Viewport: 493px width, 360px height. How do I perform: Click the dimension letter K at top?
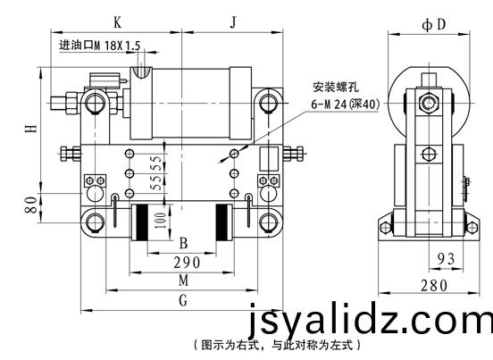click(x=117, y=22)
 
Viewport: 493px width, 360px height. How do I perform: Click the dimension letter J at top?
click(x=233, y=22)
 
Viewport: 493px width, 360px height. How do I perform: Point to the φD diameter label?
click(x=434, y=24)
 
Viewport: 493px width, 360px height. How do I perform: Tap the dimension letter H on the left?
click(x=31, y=129)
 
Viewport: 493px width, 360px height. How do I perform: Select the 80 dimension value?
click(x=31, y=205)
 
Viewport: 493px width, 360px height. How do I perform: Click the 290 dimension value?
click(x=187, y=263)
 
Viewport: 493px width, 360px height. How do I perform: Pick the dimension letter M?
click(x=184, y=280)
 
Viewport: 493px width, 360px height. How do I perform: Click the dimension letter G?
click(x=183, y=300)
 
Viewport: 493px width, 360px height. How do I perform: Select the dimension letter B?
click(x=183, y=243)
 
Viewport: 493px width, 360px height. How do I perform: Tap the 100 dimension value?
click(x=160, y=221)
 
